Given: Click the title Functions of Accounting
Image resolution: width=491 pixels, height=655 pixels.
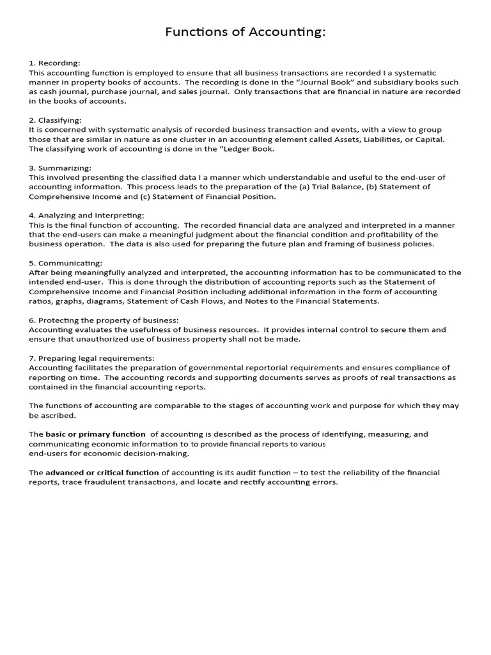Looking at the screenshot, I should pyautogui.click(x=245, y=32).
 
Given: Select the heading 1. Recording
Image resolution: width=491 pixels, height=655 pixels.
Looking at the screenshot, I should pyautogui.click(x=54, y=63).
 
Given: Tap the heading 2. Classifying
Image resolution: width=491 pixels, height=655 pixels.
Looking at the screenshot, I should pyautogui.click(x=56, y=120).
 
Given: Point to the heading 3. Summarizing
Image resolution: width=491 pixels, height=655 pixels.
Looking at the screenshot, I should pyautogui.click(x=59, y=168).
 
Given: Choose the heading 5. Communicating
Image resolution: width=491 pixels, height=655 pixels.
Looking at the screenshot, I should pyautogui.click(x=65, y=263).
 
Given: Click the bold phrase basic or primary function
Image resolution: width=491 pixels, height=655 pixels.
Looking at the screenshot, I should pyautogui.click(x=95, y=434).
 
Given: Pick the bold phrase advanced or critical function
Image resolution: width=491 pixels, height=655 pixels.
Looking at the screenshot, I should pyautogui.click(x=102, y=473).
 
